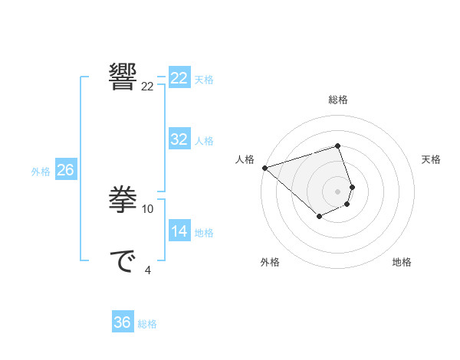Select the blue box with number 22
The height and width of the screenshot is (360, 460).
tap(179, 78)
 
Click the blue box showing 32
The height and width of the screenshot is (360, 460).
tap(179, 139)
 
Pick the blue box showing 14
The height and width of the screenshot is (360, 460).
tap(179, 231)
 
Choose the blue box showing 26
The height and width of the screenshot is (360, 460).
tap(65, 170)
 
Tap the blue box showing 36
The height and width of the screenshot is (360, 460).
tap(123, 322)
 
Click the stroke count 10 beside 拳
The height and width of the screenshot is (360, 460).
tap(148, 208)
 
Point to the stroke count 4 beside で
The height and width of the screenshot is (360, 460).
tap(148, 270)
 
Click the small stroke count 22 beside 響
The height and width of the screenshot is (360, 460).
tap(148, 87)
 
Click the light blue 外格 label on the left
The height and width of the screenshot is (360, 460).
tap(41, 172)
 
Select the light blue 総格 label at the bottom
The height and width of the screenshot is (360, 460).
tap(147, 324)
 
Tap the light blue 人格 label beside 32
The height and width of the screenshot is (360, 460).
tap(204, 141)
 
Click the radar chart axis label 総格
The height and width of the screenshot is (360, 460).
tap(338, 100)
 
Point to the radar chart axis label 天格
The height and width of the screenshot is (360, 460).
tap(431, 159)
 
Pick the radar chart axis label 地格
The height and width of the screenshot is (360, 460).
tap(402, 262)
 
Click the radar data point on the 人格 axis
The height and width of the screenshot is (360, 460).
tap(264, 167)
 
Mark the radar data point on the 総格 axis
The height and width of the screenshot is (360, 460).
tap(338, 146)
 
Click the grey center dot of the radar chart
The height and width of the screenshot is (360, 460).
tap(338, 191)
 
